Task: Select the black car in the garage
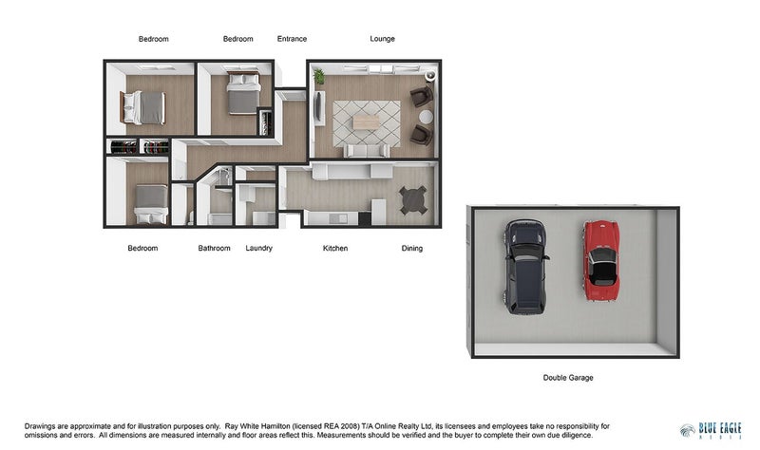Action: (525, 266)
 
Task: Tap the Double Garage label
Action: (568, 378)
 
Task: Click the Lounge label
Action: (382, 39)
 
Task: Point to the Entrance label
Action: (292, 39)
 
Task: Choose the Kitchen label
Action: (335, 249)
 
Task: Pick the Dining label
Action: (411, 249)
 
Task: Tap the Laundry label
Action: (258, 249)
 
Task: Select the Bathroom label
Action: (214, 249)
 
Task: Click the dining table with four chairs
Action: (413, 199)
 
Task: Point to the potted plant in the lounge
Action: (319, 76)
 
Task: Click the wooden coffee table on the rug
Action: (366, 122)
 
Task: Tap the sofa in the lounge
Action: (366, 150)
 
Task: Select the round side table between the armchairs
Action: (426, 116)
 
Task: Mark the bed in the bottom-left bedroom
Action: (150, 202)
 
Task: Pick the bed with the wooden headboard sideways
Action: (143, 107)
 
